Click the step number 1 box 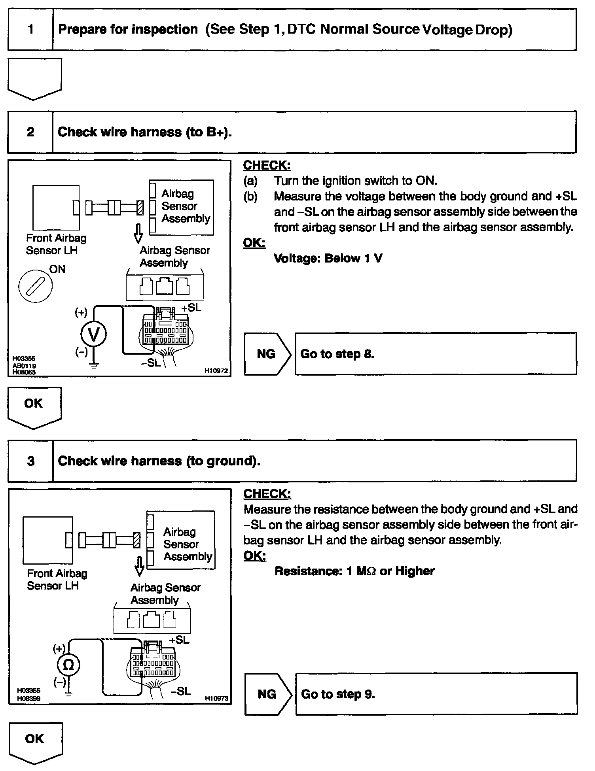point(30,30)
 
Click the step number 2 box point(30,132)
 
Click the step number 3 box point(30,461)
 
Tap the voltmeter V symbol point(93,334)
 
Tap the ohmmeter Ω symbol point(69,665)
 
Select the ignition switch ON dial point(35,285)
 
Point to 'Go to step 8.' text point(337,354)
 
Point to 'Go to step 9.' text point(338,694)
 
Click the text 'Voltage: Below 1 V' point(328,259)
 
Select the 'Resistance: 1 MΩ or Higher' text point(354,571)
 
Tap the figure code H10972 point(216,371)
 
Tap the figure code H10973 point(216,699)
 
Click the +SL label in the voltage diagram point(191,308)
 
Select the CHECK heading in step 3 point(267,494)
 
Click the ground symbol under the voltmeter point(94,365)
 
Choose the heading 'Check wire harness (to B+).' point(145,132)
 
